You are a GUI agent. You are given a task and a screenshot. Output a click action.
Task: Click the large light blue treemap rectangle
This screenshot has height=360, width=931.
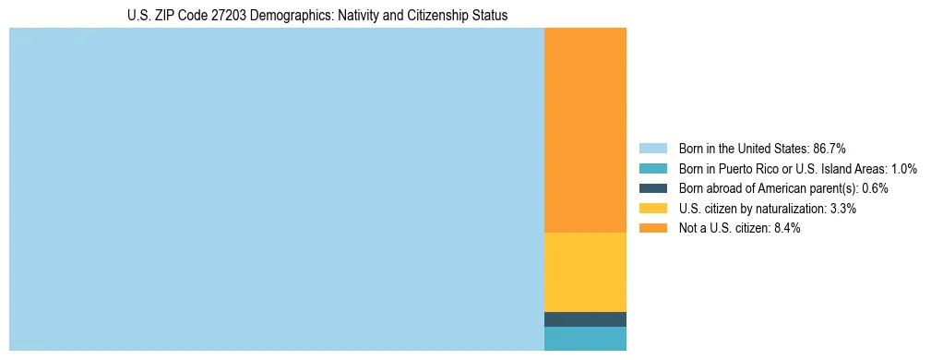(x=277, y=189)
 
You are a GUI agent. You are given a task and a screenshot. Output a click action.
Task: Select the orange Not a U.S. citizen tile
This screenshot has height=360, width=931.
(x=585, y=129)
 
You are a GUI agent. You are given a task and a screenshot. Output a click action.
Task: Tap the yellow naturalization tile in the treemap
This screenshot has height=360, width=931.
(x=585, y=272)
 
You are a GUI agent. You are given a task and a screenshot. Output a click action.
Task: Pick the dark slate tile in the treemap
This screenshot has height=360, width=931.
(x=585, y=319)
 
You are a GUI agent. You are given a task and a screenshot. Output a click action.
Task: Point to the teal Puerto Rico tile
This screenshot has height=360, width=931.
(x=585, y=339)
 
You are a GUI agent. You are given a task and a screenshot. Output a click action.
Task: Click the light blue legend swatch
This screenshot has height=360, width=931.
(x=652, y=149)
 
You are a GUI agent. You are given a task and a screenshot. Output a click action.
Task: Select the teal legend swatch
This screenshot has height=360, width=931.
(x=652, y=169)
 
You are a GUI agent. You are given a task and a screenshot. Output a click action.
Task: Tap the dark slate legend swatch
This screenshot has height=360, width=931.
(x=652, y=188)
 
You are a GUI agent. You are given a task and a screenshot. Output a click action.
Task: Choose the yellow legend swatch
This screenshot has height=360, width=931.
(x=652, y=209)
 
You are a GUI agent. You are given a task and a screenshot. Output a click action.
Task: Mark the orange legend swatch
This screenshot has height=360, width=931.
(x=652, y=228)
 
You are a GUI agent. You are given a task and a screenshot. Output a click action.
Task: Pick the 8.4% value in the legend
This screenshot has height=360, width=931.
(x=787, y=228)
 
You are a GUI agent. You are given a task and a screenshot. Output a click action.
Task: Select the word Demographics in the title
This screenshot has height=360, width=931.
(x=269, y=16)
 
